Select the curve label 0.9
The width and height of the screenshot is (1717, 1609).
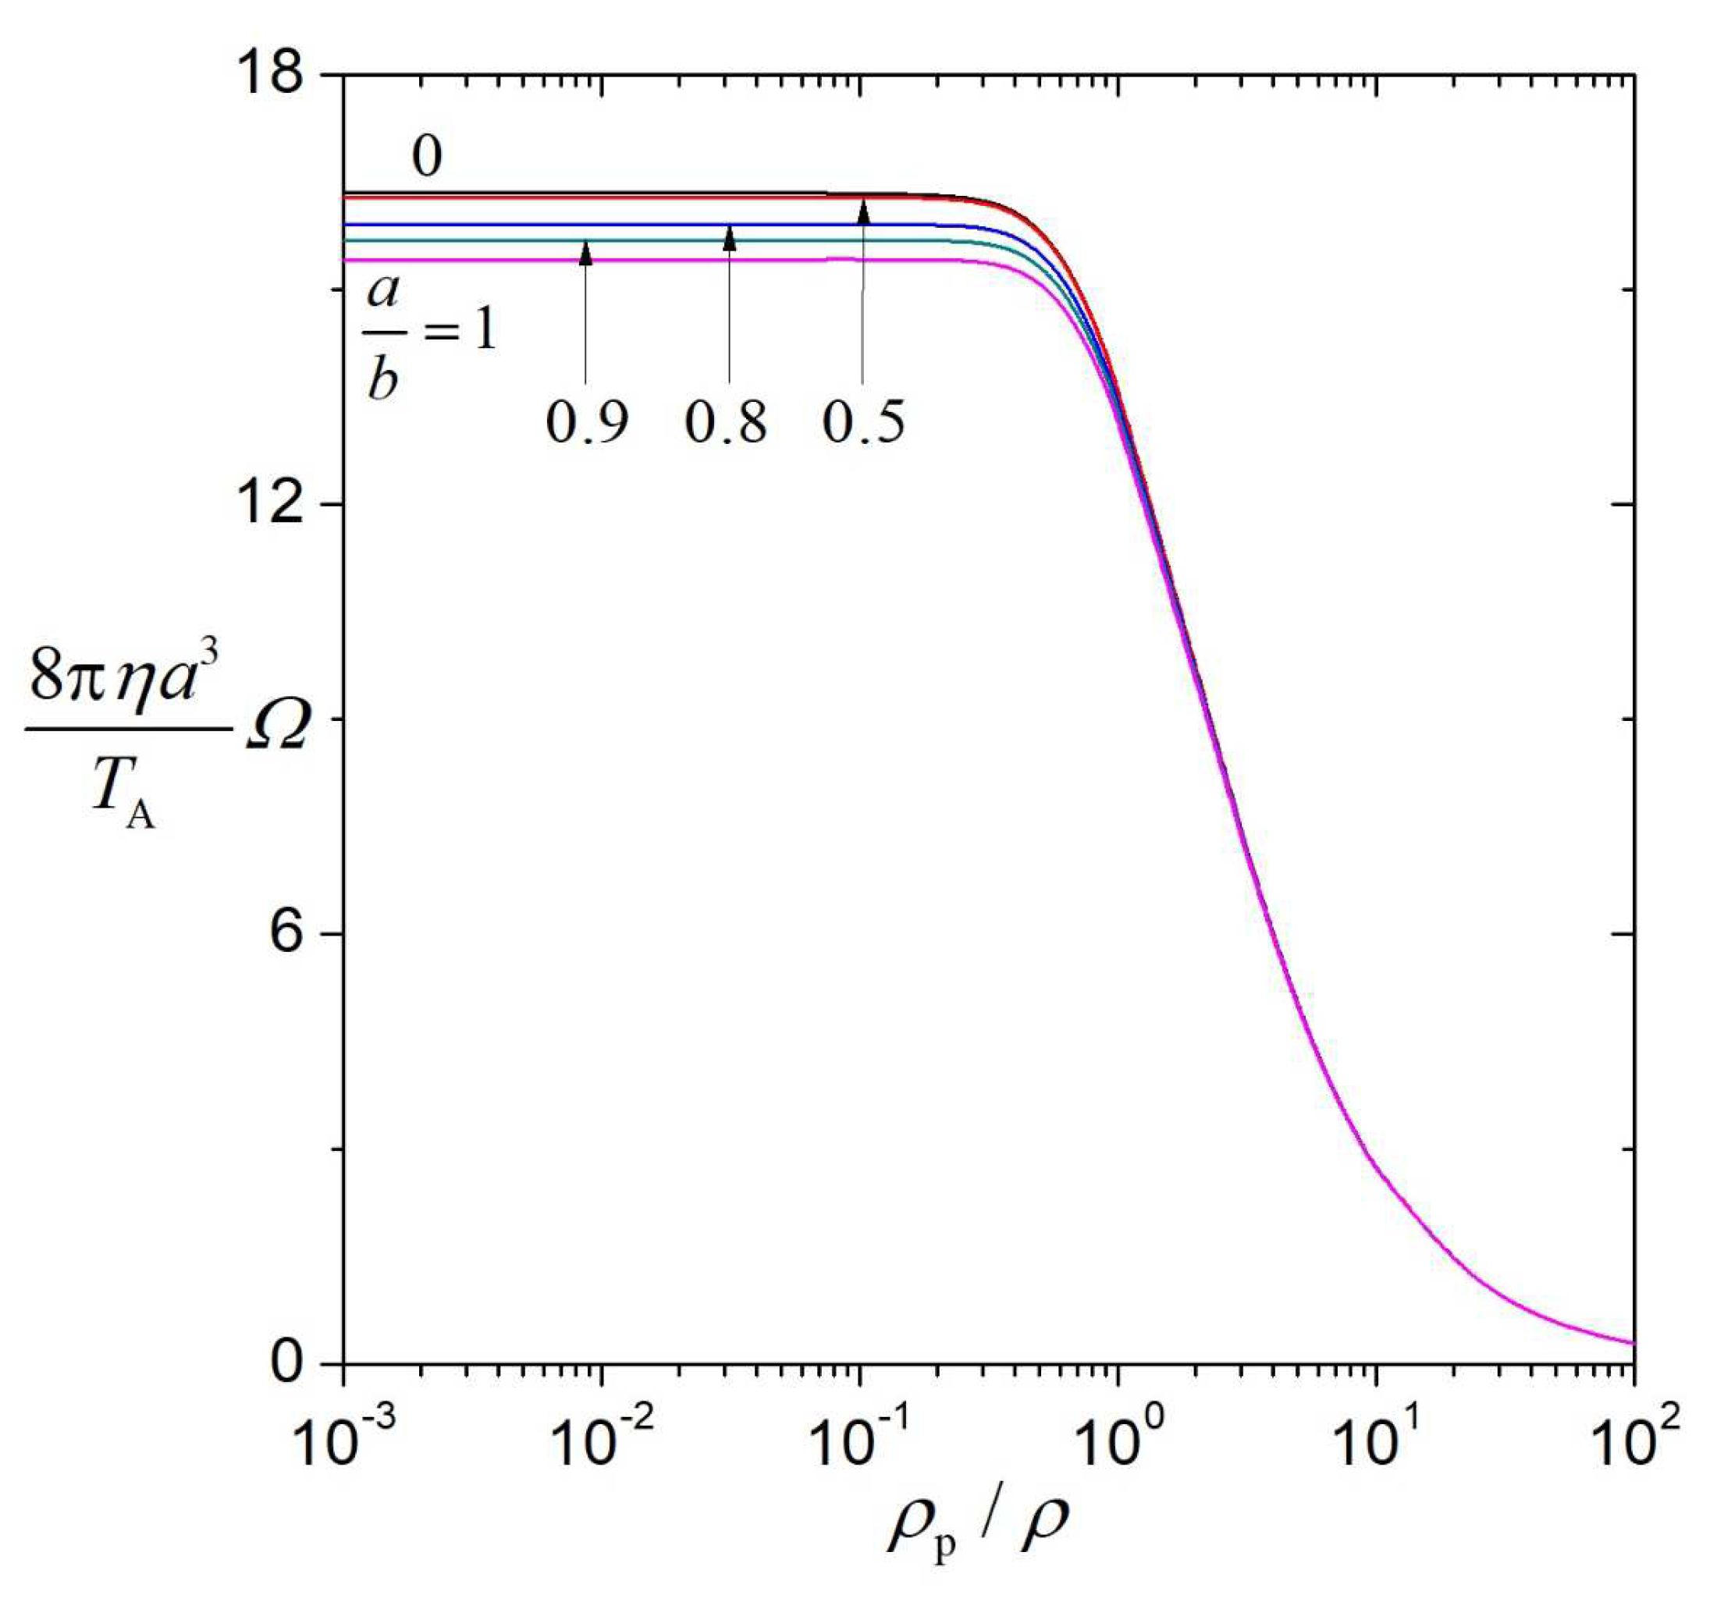(588, 423)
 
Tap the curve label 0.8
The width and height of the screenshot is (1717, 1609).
(726, 423)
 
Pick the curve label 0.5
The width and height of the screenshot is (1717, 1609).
(864, 423)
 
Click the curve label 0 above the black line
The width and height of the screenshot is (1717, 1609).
(427, 157)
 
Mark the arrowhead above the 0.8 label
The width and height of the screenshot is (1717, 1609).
(729, 237)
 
